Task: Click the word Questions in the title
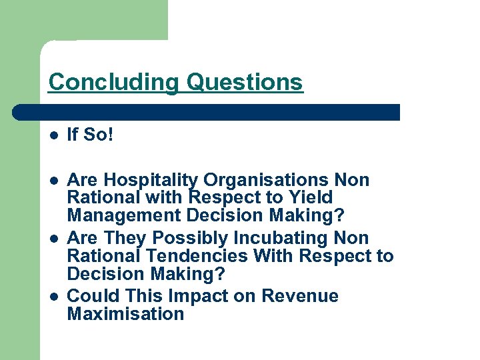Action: (x=245, y=83)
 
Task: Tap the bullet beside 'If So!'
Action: (x=53, y=135)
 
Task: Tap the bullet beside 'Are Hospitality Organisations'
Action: (x=53, y=181)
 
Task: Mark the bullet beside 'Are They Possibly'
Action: (x=53, y=238)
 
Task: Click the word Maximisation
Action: (x=125, y=314)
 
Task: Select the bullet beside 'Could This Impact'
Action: (x=53, y=296)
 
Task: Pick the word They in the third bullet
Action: (x=127, y=238)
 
